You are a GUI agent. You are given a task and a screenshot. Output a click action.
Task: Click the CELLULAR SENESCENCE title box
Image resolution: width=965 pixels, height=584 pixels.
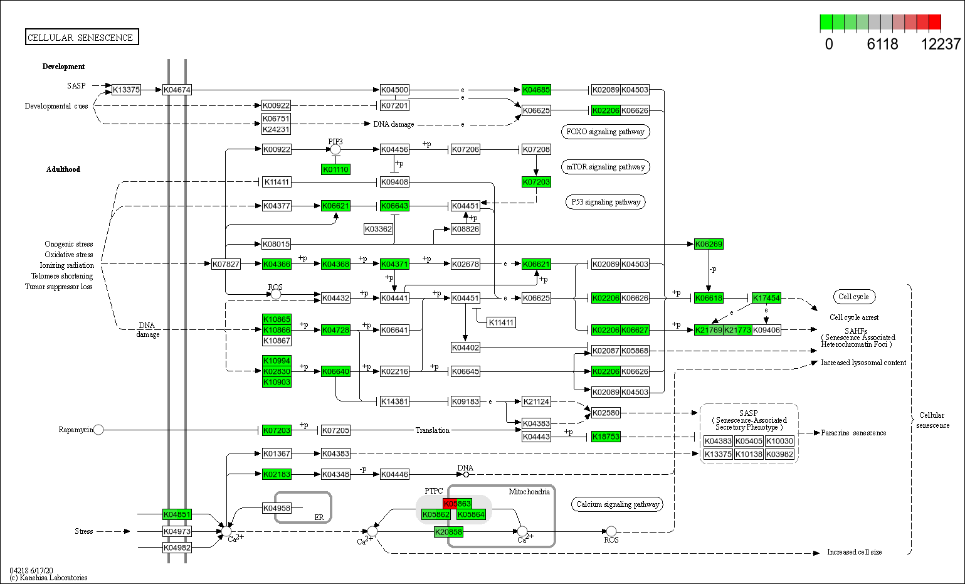[x=82, y=37]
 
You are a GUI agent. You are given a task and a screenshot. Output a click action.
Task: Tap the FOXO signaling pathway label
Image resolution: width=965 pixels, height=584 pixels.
[x=605, y=132]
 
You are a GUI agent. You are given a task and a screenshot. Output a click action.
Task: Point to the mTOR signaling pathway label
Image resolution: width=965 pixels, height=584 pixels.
[x=605, y=167]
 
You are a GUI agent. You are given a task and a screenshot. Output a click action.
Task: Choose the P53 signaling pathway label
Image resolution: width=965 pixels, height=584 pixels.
[x=605, y=202]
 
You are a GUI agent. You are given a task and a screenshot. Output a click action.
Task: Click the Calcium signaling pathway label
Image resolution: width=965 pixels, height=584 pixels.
[x=617, y=504]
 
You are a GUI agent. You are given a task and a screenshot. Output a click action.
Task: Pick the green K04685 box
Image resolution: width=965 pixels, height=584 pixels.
[x=536, y=90]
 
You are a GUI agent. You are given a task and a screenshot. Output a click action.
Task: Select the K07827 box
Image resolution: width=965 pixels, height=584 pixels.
[x=226, y=264]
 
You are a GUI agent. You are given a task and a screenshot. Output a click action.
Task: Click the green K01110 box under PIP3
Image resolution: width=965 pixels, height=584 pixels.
[x=335, y=169]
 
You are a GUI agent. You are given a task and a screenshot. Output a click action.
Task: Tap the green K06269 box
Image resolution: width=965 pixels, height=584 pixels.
[x=709, y=244]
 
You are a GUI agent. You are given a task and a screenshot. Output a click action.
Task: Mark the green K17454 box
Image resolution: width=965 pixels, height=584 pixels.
[x=766, y=298]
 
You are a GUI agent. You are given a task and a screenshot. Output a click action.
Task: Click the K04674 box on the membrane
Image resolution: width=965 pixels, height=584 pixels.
[x=177, y=90]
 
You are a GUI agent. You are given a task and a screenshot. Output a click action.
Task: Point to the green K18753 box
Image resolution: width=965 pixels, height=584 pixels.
[x=606, y=437]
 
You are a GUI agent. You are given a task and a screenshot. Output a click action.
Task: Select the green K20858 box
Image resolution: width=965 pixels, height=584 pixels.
[x=448, y=532]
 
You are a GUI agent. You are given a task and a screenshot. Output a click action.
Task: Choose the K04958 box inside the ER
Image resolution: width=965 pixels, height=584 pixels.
[x=277, y=508]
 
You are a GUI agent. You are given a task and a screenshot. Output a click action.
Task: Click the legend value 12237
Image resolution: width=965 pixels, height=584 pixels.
[x=941, y=44]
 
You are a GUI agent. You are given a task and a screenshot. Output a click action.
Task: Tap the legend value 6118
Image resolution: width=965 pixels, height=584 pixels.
[x=882, y=44]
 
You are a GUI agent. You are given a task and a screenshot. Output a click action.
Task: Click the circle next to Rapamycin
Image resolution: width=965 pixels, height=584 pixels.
[x=98, y=430]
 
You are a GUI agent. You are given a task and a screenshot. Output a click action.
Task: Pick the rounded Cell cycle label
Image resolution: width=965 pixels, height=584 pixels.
[x=853, y=297]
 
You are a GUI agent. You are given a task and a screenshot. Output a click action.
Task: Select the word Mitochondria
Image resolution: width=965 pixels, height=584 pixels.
[x=529, y=492]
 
